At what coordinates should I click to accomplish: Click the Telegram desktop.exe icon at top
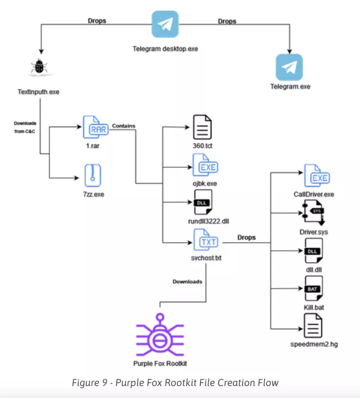point(165,24)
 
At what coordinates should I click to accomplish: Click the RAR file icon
point(94,127)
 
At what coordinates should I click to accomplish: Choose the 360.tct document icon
point(202,127)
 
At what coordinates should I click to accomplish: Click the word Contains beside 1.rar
point(123,126)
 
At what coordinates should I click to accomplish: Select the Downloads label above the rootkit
point(187,281)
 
